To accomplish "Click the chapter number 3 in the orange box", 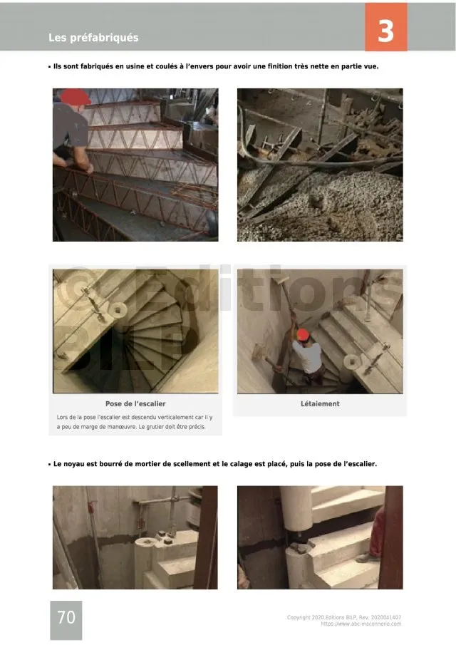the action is pyautogui.click(x=385, y=31).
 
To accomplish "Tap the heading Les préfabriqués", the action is pyautogui.click(x=93, y=38).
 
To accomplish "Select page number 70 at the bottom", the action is pyautogui.click(x=66, y=617).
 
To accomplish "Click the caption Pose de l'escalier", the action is pyautogui.click(x=135, y=403).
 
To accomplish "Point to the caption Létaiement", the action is pyautogui.click(x=320, y=403).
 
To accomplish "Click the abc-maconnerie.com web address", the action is pyautogui.click(x=361, y=624).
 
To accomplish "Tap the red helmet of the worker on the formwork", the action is pyautogui.click(x=76, y=97).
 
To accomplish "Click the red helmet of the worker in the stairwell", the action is pyautogui.click(x=303, y=334).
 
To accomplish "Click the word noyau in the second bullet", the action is pyautogui.click(x=74, y=464).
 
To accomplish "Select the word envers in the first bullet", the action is pyautogui.click(x=198, y=66).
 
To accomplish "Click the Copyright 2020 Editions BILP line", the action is pyautogui.click(x=343, y=617).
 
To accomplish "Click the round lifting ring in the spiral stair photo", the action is pyautogui.click(x=117, y=309).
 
